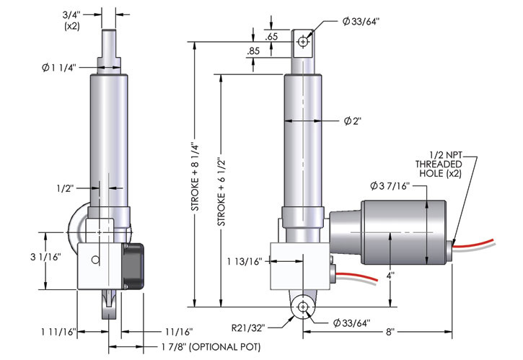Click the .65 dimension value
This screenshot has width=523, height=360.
pyautogui.click(x=271, y=35)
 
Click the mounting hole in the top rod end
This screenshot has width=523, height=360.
pyautogui.click(x=303, y=43)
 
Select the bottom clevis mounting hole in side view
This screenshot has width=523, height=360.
pyautogui.click(x=302, y=308)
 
